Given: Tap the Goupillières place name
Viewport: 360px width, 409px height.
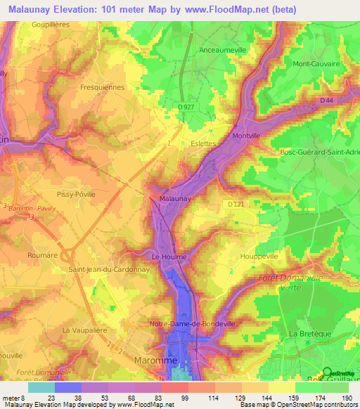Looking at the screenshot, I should [53, 24].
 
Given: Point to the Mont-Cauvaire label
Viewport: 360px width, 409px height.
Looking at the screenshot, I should [317, 63].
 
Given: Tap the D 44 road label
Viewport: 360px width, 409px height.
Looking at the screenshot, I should [327, 102].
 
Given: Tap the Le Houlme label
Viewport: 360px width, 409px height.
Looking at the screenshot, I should [169, 257].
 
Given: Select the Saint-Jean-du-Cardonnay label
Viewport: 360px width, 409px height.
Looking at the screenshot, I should [108, 269].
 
